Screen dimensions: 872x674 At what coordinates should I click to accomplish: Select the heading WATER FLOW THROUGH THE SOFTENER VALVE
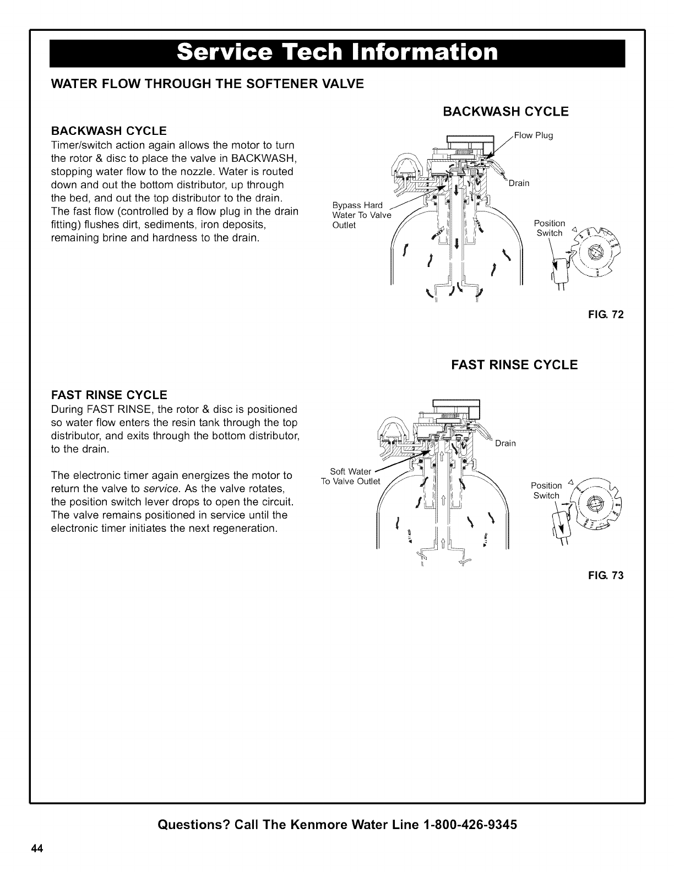pos(207,84)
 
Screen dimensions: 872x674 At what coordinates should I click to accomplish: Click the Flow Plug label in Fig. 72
pos(533,135)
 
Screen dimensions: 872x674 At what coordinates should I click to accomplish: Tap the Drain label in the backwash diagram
pos(519,183)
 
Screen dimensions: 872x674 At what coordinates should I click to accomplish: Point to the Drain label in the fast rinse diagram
pos(506,444)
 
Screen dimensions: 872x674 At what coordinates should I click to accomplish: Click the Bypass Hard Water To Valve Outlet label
pos(361,215)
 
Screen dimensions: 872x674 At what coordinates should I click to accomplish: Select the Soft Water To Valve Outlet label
pos(351,476)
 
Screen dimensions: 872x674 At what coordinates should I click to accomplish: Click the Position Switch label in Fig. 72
pos(550,228)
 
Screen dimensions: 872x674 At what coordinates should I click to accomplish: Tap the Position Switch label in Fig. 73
pos(546,490)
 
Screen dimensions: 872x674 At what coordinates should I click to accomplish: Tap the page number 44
pos(37,848)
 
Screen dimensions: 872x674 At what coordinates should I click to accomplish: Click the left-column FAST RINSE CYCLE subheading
pos(108,395)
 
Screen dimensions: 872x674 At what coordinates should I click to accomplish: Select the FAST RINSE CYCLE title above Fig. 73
pos(514,365)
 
